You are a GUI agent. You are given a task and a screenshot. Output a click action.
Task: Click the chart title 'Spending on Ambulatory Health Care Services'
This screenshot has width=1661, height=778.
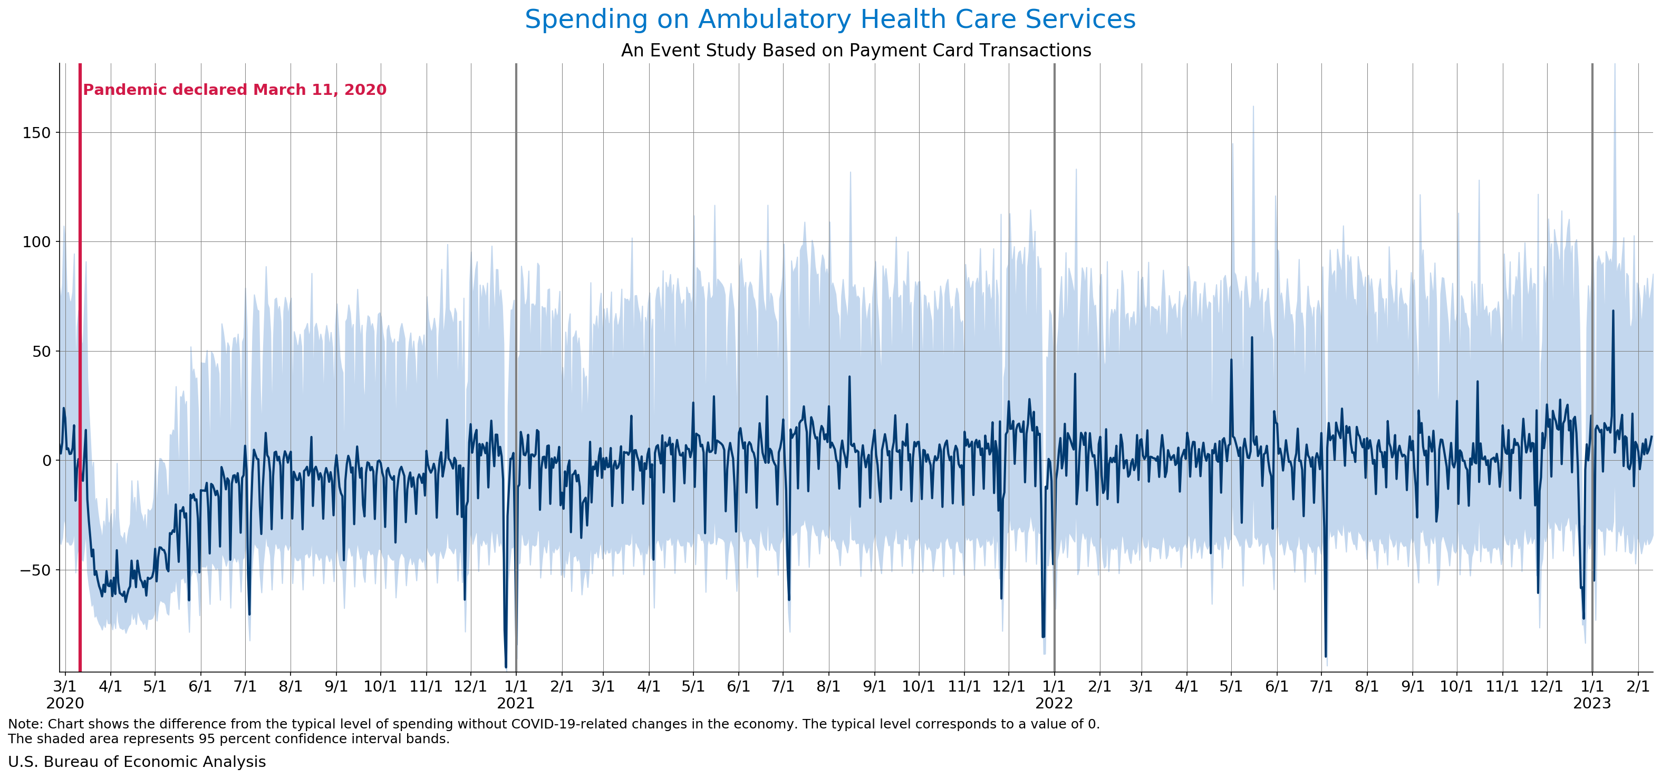point(830,20)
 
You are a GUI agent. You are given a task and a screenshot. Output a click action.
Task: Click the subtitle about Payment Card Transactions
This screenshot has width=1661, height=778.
point(856,50)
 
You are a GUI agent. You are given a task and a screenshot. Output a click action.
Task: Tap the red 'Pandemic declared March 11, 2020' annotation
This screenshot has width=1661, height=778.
point(235,90)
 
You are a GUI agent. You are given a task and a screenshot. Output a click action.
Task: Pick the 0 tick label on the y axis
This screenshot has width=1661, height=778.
point(46,461)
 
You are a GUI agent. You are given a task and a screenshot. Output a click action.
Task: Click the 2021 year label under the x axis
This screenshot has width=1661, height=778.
point(516,703)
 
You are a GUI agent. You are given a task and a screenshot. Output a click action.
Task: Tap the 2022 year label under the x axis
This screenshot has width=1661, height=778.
point(1054,703)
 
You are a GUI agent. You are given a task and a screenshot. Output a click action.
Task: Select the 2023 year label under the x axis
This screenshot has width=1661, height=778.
point(1592,703)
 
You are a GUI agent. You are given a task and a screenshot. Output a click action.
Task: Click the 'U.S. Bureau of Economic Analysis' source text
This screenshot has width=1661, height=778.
point(137,762)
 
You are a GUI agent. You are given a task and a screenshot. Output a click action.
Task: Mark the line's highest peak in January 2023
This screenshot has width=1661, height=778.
point(1614,310)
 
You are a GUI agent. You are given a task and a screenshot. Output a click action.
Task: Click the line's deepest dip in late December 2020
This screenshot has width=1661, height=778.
point(506,666)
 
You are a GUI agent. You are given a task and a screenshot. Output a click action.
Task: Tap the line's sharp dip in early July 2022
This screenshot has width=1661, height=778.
point(1326,656)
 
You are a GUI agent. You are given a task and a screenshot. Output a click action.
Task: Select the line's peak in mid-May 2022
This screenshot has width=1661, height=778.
point(1252,337)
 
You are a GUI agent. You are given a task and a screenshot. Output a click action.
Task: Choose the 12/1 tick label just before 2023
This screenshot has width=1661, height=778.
point(1546,686)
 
